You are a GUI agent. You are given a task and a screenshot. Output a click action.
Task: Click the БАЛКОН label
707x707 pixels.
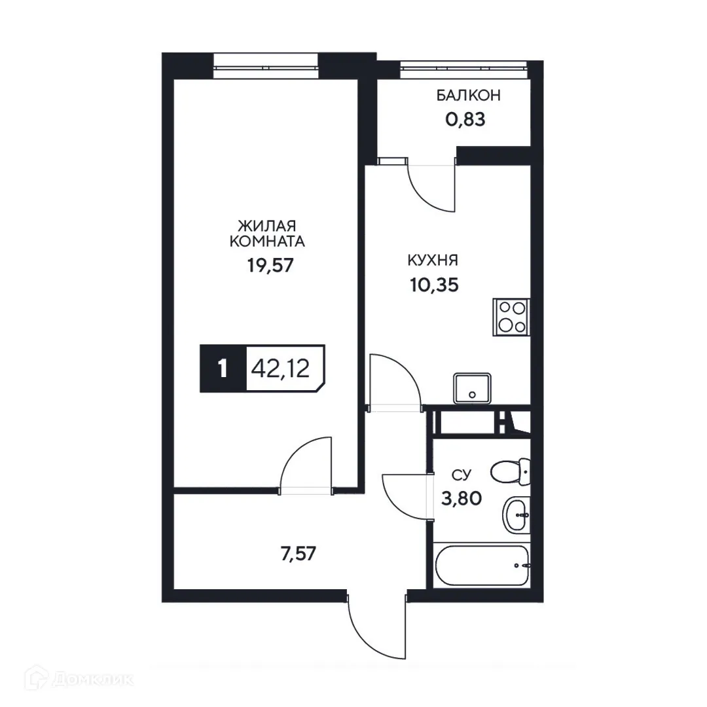469,96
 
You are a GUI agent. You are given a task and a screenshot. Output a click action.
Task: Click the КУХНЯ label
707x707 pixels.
432,261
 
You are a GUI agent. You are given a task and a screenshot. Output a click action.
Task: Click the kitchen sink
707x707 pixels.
471,388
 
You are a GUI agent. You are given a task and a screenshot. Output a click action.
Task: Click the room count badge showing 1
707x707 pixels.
223,368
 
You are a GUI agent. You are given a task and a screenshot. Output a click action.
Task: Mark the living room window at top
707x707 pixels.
265,65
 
